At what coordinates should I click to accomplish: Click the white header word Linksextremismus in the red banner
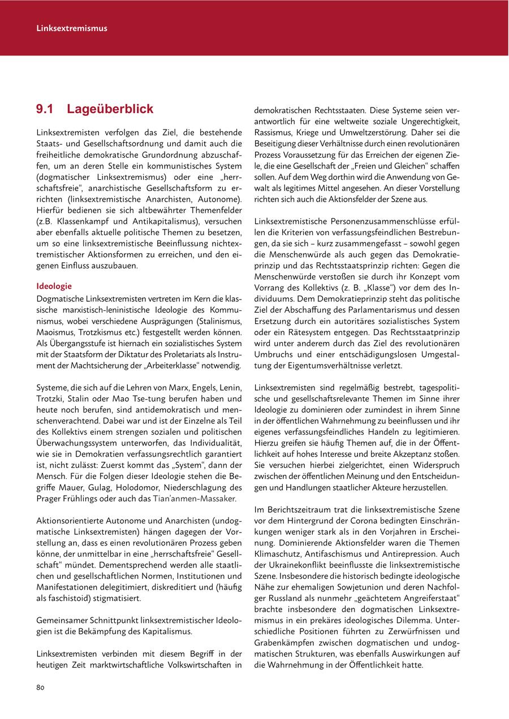pos(72,28)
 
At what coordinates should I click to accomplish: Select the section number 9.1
pos(45,109)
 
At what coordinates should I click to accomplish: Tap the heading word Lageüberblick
pos(110,109)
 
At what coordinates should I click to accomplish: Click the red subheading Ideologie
pos(54,285)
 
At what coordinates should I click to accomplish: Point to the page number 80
pos(40,687)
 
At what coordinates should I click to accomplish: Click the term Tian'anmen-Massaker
pos(195,499)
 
